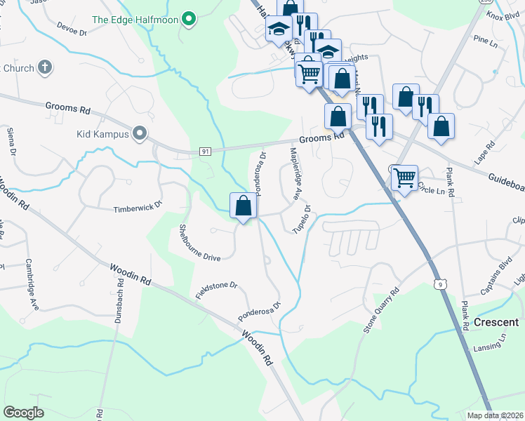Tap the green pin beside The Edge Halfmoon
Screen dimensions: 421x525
(188, 19)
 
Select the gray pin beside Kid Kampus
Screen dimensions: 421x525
(140, 133)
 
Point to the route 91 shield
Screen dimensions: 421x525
(205, 151)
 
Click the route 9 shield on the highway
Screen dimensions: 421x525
(439, 283)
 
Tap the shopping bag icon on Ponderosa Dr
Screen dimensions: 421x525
(243, 206)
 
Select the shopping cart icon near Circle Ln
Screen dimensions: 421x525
(404, 178)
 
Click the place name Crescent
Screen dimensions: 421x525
(496, 321)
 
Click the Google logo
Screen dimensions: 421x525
(23, 412)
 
